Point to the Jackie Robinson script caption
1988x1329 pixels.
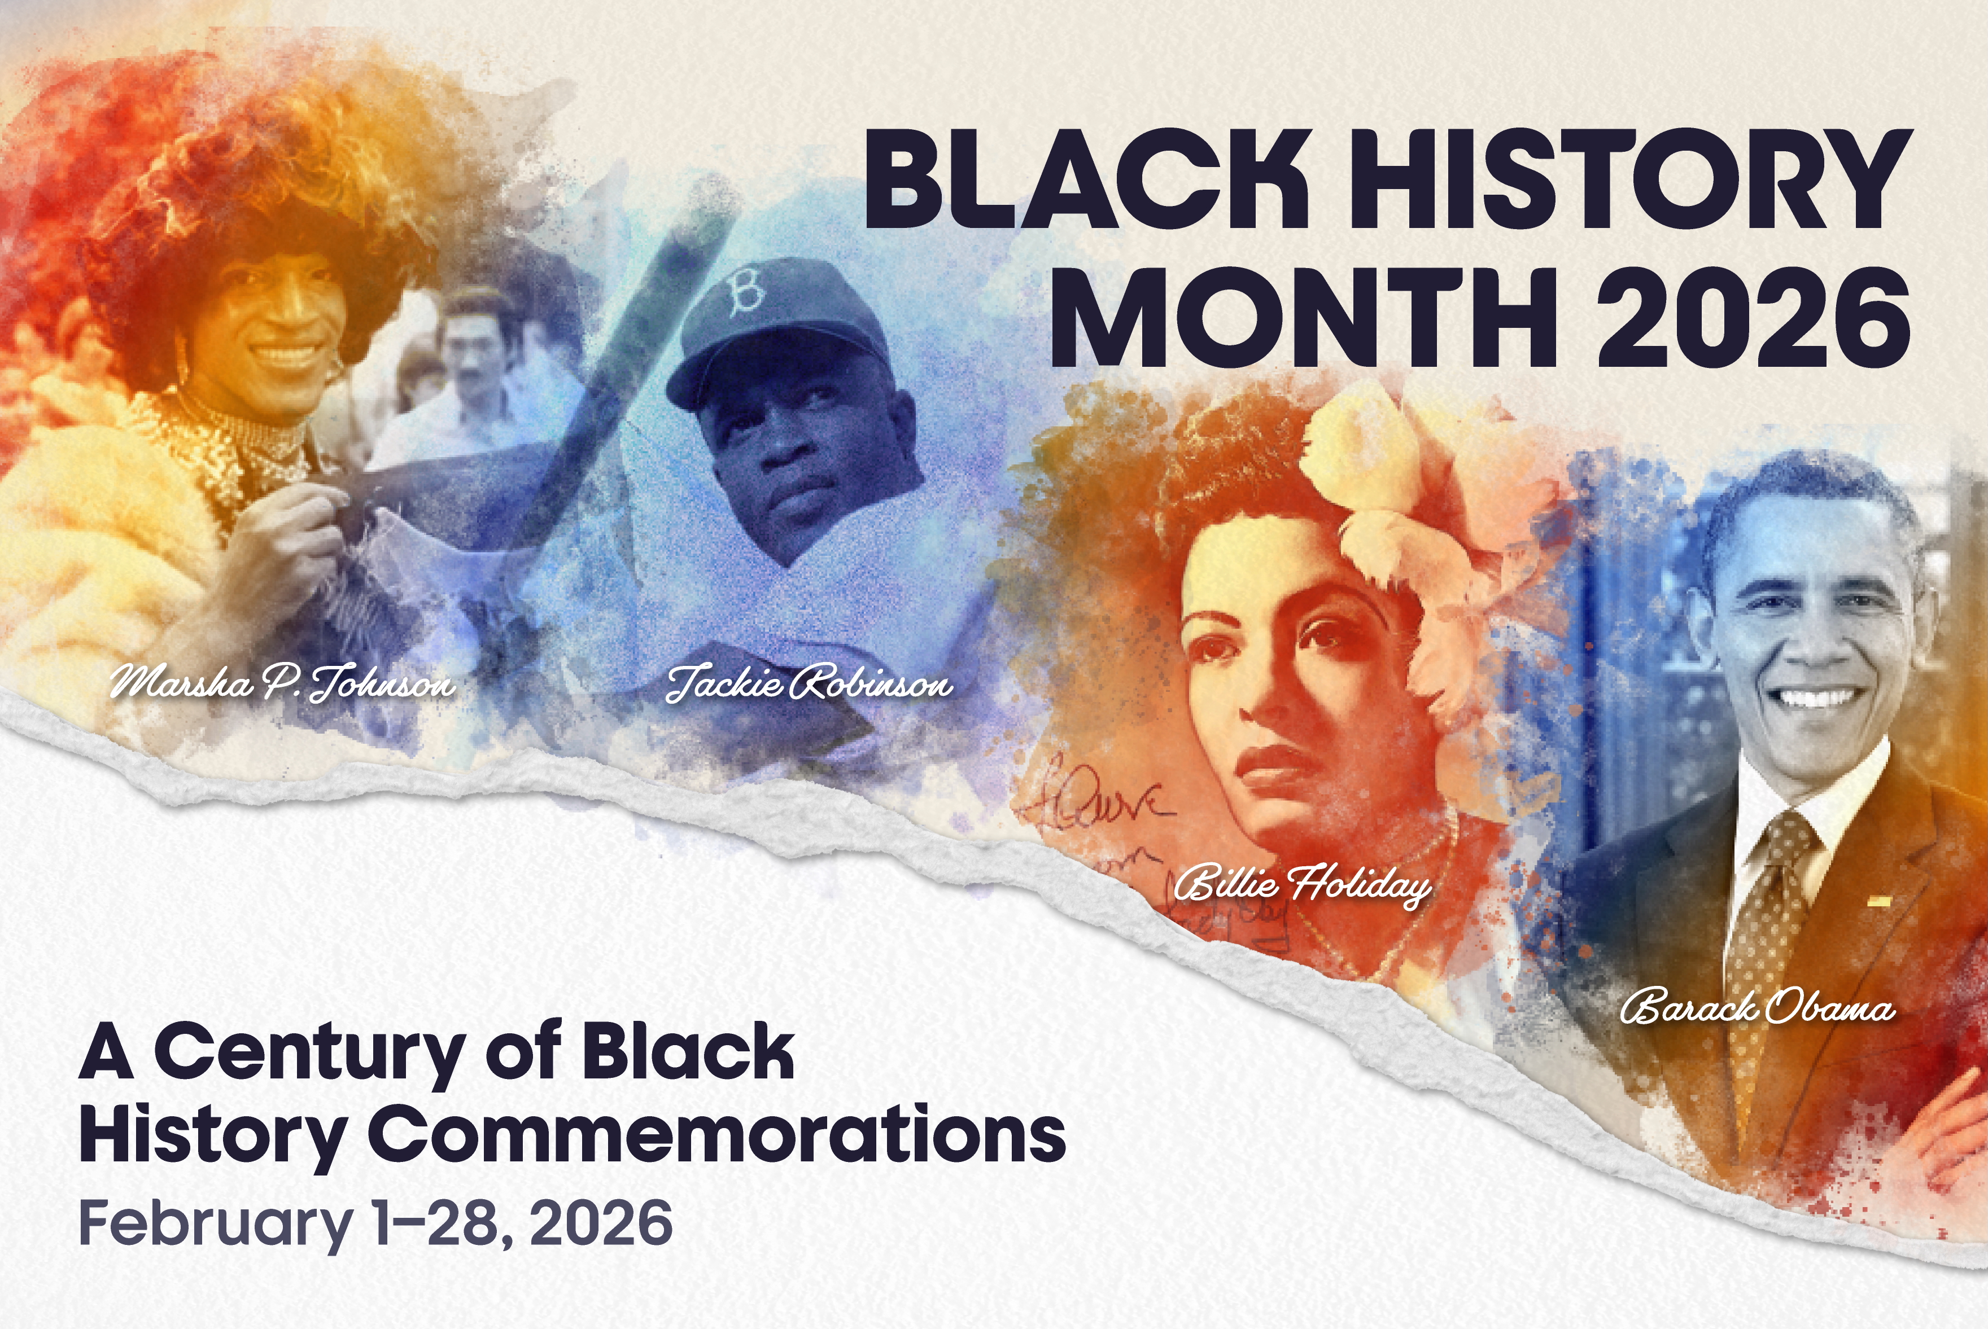810,683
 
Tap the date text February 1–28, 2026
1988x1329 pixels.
375,1223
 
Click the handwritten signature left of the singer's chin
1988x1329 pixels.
1102,805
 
